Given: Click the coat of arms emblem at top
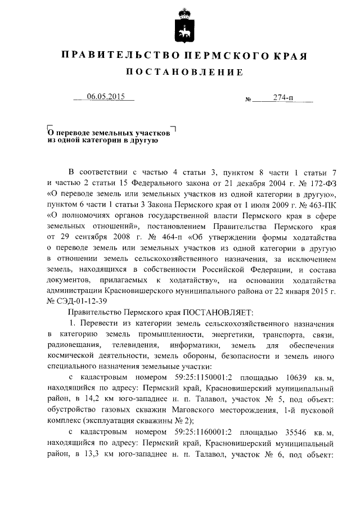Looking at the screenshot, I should click(x=180, y=24).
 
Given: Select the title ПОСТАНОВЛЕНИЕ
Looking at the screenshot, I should click(x=183, y=72).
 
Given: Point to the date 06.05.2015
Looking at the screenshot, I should click(x=105, y=96).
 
